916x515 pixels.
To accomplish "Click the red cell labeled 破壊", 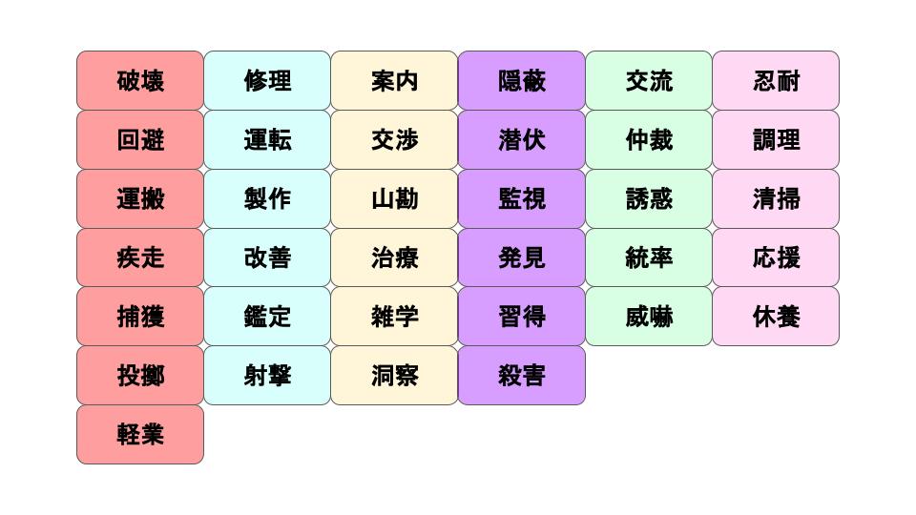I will click(x=140, y=81).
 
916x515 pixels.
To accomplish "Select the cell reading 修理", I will click(x=267, y=81).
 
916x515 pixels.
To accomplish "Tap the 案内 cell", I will click(x=394, y=81).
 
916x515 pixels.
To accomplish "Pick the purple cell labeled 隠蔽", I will click(x=521, y=81).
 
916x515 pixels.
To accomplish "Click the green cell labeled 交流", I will click(x=649, y=81).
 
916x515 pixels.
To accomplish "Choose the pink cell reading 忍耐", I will click(x=776, y=81).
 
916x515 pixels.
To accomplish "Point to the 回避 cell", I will click(x=140, y=140).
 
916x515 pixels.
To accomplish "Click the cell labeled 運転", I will click(x=267, y=140).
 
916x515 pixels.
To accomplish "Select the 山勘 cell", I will click(x=394, y=199).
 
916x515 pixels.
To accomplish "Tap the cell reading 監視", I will click(x=521, y=199).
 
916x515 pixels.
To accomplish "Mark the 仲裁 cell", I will click(x=649, y=140).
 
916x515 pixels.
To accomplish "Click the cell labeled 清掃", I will click(x=776, y=199).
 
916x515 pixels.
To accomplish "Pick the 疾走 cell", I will click(x=140, y=257).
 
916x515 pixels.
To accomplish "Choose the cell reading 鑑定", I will click(x=267, y=317).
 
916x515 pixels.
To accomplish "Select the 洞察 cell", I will click(x=394, y=376).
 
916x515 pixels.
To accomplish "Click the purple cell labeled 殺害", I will click(x=521, y=376).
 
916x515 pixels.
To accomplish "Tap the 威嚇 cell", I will click(x=649, y=317).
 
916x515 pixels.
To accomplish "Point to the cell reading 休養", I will click(x=776, y=317).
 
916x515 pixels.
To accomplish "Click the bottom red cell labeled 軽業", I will click(x=140, y=435).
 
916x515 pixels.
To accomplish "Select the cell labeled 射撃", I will click(x=267, y=376).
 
